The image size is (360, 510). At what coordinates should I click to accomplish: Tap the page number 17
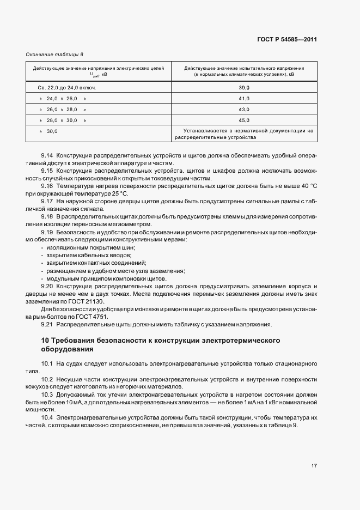314,466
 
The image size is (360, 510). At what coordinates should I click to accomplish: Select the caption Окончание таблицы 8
54,54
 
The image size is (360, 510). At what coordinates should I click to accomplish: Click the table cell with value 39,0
244,87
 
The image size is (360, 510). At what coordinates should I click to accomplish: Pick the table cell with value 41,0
244,99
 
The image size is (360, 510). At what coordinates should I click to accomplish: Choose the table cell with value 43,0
244,110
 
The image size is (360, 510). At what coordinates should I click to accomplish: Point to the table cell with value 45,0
244,120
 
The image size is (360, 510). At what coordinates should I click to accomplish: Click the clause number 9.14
47,156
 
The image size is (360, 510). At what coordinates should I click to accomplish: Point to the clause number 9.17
47,202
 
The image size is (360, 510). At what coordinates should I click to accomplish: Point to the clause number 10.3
47,393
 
